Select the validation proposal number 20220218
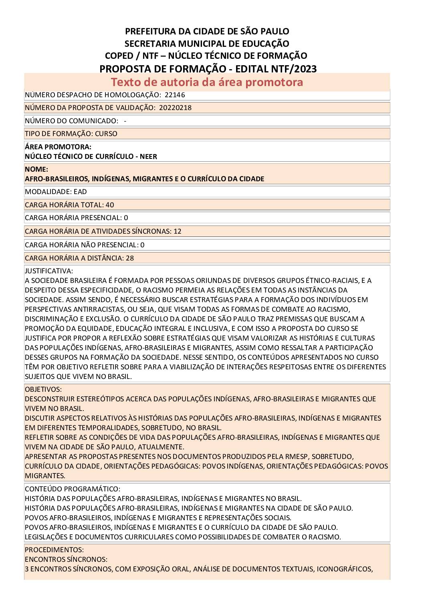point(175,108)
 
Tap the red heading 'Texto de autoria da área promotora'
point(207,82)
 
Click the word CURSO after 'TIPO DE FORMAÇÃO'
point(106,134)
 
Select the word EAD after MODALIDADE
point(80,192)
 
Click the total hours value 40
point(110,205)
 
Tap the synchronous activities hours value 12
point(178,231)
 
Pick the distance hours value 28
point(130,258)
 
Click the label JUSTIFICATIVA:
point(49,271)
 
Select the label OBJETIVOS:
point(43,389)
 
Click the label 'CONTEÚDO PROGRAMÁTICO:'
point(73,489)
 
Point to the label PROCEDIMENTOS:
point(54,549)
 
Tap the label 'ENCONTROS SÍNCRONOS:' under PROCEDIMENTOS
point(66,559)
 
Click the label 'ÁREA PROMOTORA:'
point(58,147)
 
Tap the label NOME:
point(36,169)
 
